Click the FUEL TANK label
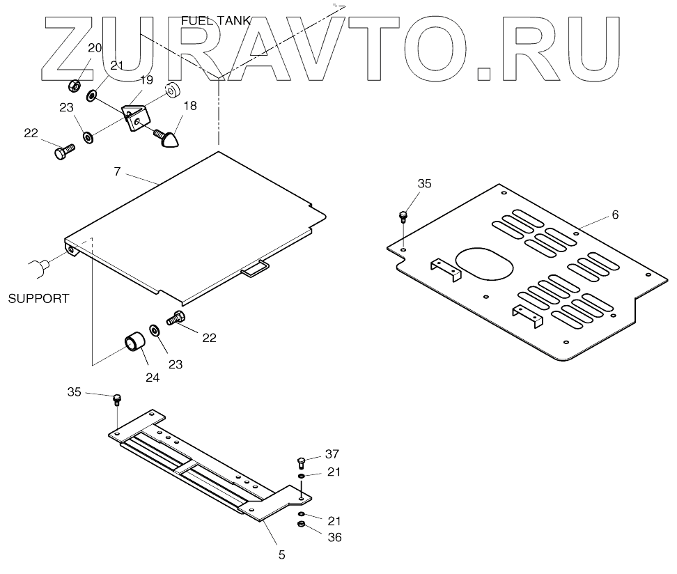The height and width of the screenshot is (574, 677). coord(215,21)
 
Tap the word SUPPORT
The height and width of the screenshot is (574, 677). coord(38,299)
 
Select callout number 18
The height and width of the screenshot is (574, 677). coord(189,106)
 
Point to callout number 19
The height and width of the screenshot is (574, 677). coord(146,81)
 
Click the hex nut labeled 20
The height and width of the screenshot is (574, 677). coord(73,86)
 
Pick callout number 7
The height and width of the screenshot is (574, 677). coord(118,171)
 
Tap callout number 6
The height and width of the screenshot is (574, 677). coord(615,215)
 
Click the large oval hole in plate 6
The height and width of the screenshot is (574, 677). coord(485,261)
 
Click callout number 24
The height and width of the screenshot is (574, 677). coord(152,378)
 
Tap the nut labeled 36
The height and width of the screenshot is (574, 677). coord(300,526)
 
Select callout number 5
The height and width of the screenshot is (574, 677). coord(281,554)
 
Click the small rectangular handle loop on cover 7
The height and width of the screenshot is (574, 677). coord(254,267)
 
